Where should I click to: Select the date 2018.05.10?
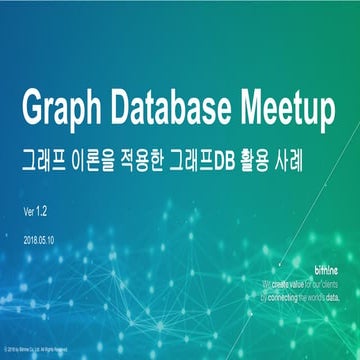[39, 240]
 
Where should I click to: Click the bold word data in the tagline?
[330, 297]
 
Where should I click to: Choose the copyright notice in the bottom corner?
[50, 350]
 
